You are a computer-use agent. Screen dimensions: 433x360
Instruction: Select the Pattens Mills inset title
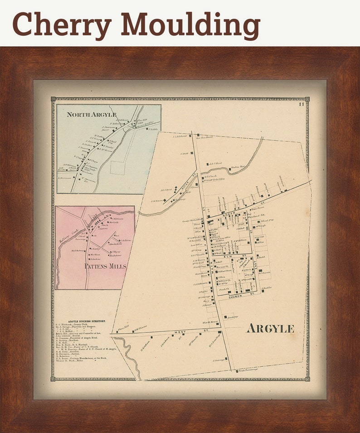[x=105, y=266]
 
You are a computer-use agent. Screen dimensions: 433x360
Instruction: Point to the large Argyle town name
[x=270, y=329]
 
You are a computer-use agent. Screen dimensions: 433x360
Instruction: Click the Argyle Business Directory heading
[x=80, y=321]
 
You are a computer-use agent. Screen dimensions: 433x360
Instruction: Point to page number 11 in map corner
[x=301, y=105]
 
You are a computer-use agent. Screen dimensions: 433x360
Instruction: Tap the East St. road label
[x=256, y=269]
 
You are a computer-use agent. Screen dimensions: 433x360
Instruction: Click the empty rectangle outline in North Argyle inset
[x=117, y=168]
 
